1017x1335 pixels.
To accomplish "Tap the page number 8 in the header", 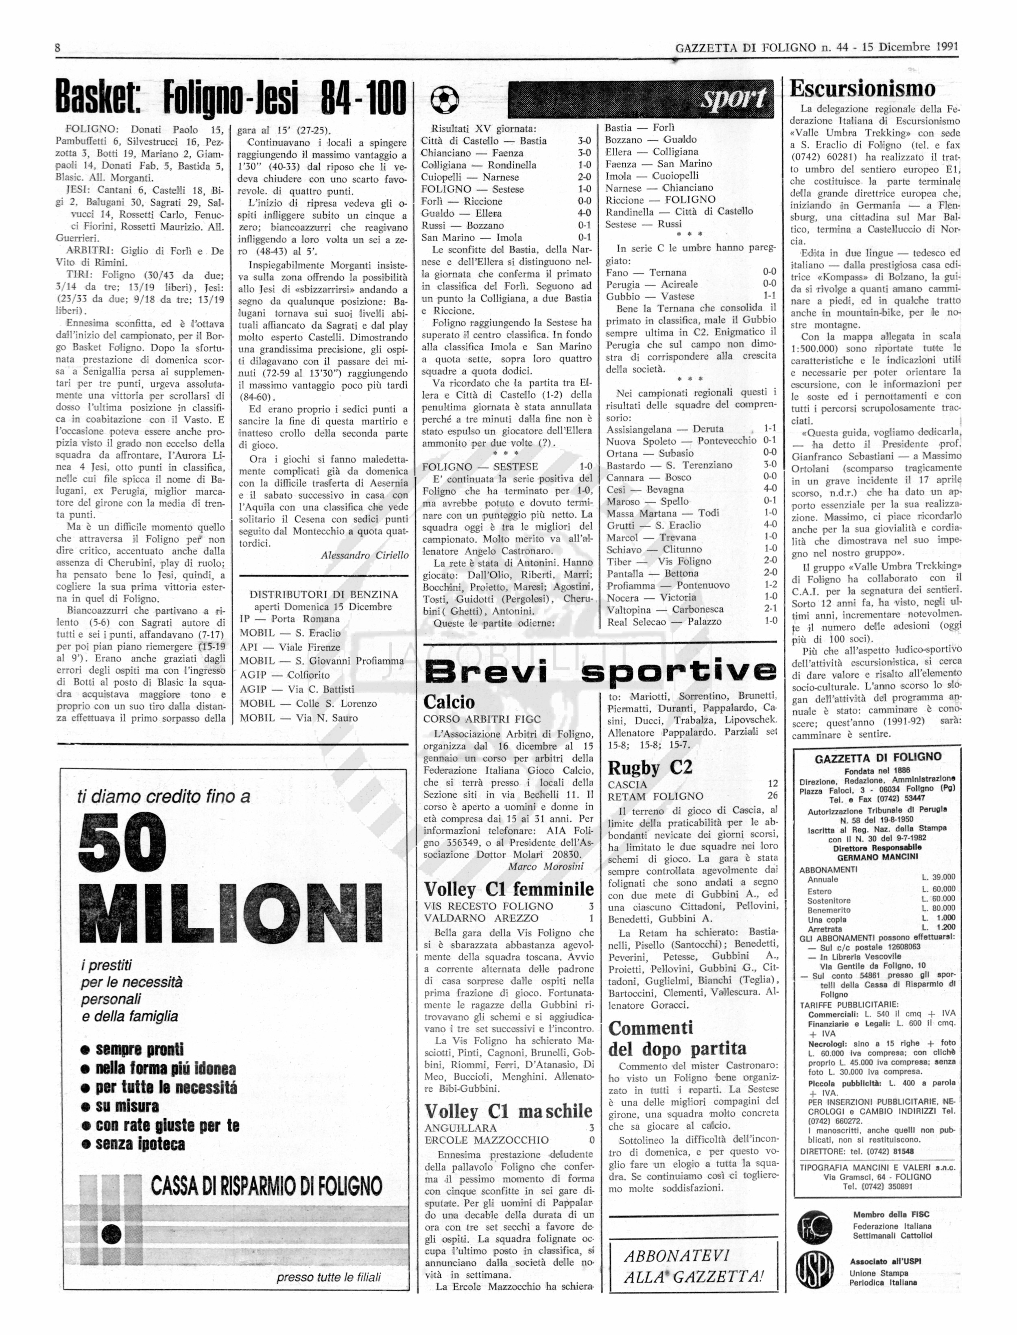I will pyautogui.click(x=58, y=47).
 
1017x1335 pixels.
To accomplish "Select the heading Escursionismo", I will pyautogui.click(x=863, y=89).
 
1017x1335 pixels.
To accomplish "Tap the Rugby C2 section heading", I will pyautogui.click(x=650, y=768).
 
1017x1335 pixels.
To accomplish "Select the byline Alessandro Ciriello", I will pyautogui.click(x=364, y=555).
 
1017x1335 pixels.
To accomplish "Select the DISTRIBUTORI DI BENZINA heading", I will pyautogui.click(x=324, y=594).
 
